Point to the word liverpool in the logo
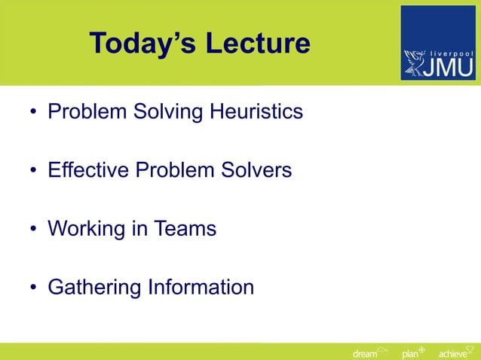(451, 53)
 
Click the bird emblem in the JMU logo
(416, 62)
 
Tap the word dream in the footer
(365, 354)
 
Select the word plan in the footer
(410, 354)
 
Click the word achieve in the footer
(452, 354)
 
